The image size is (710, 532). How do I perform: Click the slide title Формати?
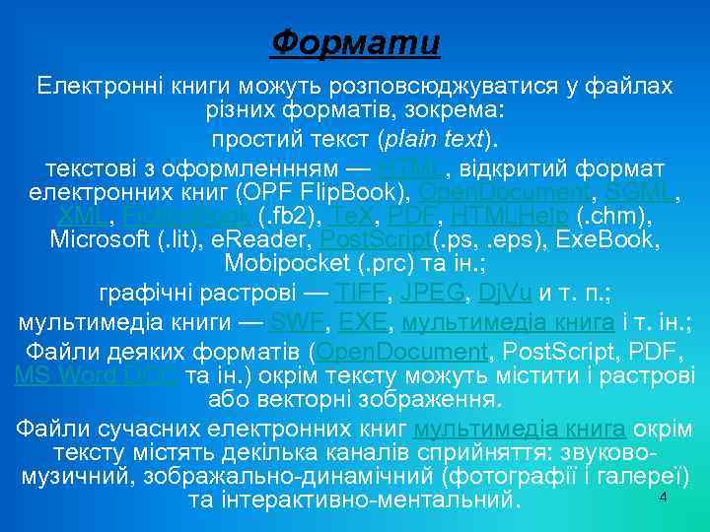[355, 43]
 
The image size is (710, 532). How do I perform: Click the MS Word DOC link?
[97, 375]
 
